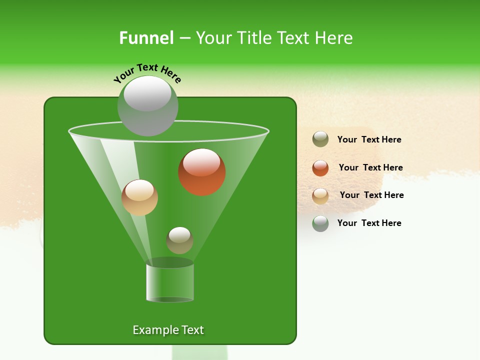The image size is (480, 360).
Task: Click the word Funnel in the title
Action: click(x=146, y=38)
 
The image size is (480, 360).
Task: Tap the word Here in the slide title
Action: click(x=331, y=38)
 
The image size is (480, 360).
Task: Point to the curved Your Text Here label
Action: click(x=147, y=72)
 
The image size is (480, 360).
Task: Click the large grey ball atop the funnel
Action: click(x=147, y=106)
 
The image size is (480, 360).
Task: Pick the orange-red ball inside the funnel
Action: click(x=202, y=172)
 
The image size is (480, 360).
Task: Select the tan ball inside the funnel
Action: click(x=139, y=197)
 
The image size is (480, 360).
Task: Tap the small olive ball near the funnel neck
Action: click(x=179, y=240)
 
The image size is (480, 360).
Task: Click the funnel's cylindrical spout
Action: click(x=170, y=282)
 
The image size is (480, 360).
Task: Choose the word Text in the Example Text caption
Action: click(x=192, y=330)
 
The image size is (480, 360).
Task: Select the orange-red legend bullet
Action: click(x=320, y=168)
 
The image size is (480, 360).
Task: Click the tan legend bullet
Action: click(x=320, y=196)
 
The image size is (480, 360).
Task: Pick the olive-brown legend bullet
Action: click(x=320, y=139)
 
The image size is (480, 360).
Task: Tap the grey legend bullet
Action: click(x=320, y=223)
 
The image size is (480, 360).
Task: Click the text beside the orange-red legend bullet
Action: click(x=370, y=167)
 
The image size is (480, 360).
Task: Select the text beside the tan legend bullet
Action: click(x=371, y=195)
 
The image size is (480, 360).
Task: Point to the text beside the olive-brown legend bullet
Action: click(x=369, y=139)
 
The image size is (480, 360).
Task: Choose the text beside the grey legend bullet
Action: click(x=369, y=223)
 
